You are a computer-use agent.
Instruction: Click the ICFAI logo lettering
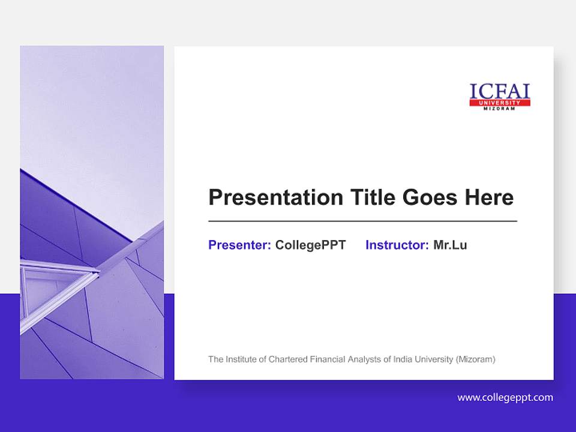coord(500,91)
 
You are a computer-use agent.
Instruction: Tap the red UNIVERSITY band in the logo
coord(500,103)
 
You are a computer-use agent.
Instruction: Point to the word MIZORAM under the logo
coord(500,109)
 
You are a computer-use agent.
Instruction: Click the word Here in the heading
coord(488,197)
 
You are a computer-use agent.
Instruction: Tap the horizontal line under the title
coord(362,221)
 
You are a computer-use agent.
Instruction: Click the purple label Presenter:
coord(239,245)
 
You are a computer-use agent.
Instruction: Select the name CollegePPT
coord(310,245)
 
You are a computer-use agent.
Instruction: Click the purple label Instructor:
coord(397,245)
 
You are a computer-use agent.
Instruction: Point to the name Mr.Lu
coord(450,245)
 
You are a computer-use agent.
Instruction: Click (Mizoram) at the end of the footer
coord(475,359)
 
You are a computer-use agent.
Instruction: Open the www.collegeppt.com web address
coord(505,397)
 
